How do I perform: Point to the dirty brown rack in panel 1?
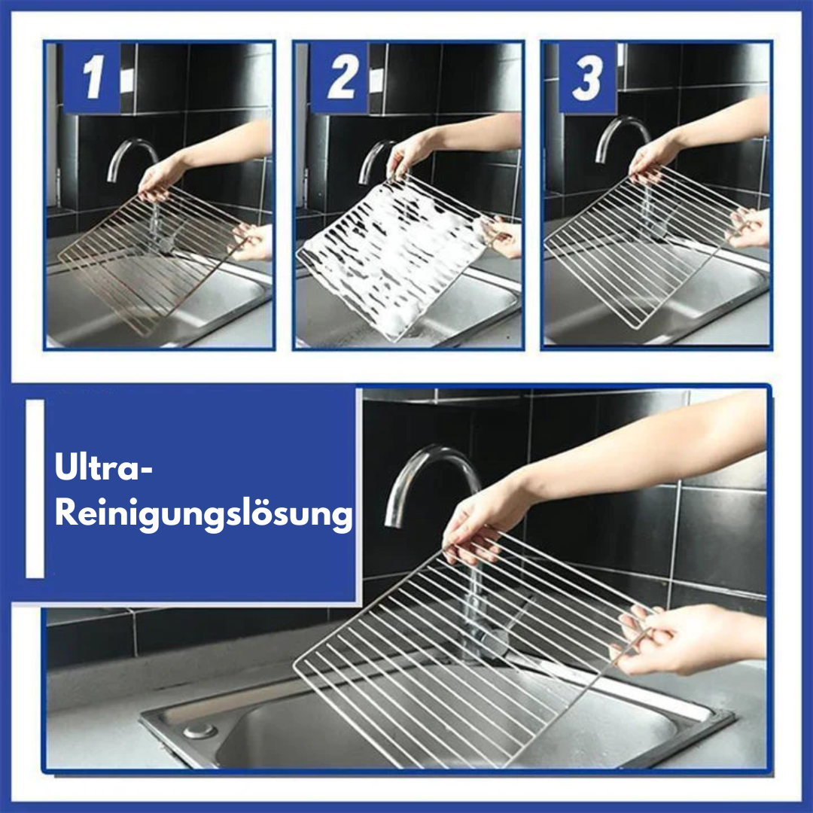151,256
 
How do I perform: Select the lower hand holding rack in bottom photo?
662,640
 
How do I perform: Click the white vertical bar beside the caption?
35,489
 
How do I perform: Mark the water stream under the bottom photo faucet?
473,602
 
